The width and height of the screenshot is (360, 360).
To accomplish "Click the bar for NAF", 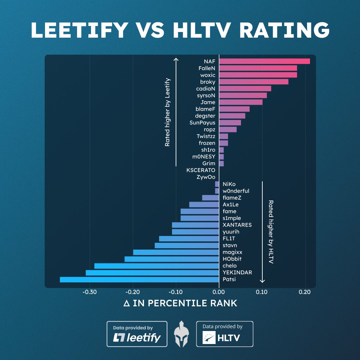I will (264, 61).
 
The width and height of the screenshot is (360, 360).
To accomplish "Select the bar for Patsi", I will (139, 279).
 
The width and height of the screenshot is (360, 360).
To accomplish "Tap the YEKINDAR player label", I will (237, 272).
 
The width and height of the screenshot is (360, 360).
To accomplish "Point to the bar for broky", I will (254, 82).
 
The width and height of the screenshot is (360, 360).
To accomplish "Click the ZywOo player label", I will (206, 177).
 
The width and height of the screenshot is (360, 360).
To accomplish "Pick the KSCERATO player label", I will (201, 170).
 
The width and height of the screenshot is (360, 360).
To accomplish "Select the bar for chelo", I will (157, 266).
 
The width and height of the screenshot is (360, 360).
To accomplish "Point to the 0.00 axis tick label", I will (219, 292).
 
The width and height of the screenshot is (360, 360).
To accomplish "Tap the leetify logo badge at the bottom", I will (137, 334).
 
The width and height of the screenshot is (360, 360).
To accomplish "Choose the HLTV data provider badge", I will (225, 334).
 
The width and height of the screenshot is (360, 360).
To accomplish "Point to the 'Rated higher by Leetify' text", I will (167, 112).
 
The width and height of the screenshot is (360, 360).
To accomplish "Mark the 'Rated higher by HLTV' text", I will (270, 232).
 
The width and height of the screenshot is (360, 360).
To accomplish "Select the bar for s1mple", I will (200, 218).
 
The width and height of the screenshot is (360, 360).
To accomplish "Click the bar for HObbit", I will (172, 259).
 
